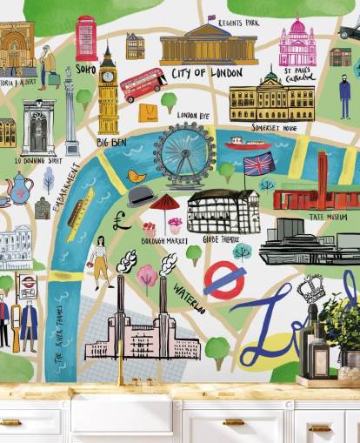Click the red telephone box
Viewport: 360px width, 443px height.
[86, 38]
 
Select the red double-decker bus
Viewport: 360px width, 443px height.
[143, 84]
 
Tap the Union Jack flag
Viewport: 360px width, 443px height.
[258, 164]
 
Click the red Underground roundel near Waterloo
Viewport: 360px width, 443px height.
[225, 279]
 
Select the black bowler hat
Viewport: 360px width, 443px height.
[141, 196]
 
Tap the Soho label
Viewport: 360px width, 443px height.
[86, 67]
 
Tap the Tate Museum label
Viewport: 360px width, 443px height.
[329, 217]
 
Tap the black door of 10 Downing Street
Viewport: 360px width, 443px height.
[39, 135]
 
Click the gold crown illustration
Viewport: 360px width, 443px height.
[311, 287]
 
